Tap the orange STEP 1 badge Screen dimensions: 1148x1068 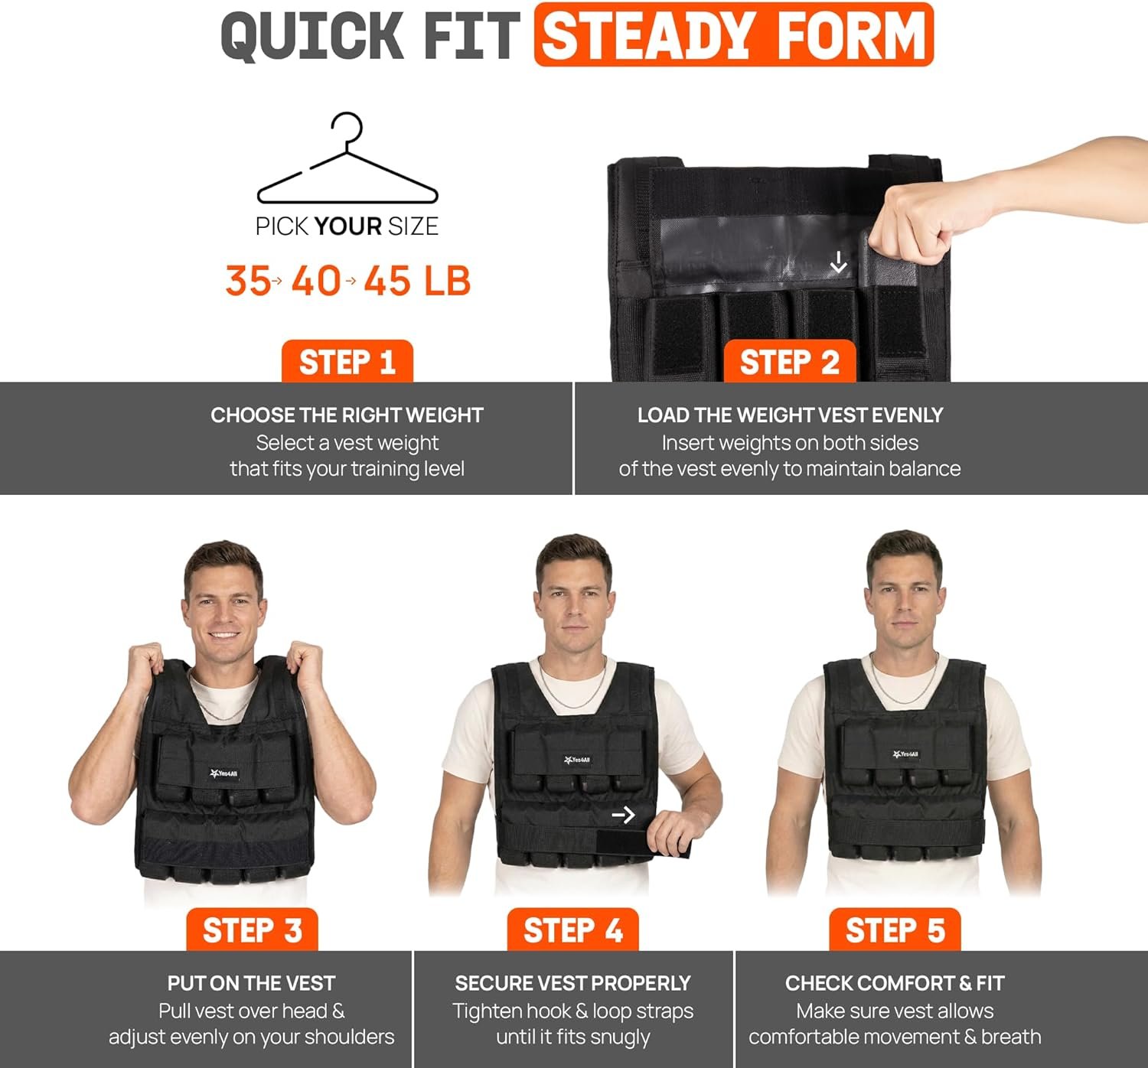click(347, 362)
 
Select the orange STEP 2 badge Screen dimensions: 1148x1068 click(790, 362)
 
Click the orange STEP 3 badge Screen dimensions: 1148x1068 click(252, 930)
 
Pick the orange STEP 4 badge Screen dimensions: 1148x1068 click(572, 930)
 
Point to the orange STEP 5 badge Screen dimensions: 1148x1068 click(895, 930)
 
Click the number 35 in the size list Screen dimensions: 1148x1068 click(247, 281)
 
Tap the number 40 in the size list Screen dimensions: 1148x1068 click(316, 281)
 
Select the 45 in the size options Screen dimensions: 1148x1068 click(386, 281)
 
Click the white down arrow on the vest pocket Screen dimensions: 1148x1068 click(838, 262)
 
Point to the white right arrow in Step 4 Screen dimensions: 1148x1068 click(623, 815)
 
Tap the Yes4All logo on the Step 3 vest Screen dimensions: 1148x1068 click(223, 773)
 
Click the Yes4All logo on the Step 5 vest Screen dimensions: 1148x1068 click(905, 754)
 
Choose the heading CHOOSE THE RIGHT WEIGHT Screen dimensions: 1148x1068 click(347, 415)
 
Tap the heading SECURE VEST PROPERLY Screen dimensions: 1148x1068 click(572, 983)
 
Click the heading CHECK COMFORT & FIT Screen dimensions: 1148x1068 click(895, 983)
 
